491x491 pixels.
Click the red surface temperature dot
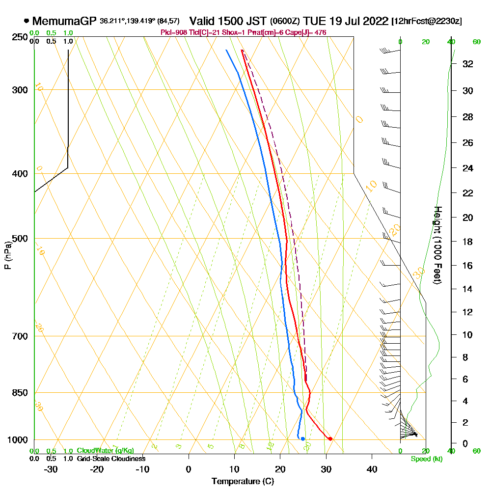[x=330, y=438]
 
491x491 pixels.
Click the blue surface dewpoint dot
[x=303, y=438]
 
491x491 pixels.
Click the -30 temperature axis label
[x=51, y=469]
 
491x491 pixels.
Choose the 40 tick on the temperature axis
[x=372, y=469]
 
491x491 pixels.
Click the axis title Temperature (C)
[x=243, y=482]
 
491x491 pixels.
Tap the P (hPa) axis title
[x=7, y=255]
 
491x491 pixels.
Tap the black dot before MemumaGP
[x=27, y=21]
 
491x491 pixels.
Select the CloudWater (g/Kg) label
[x=105, y=450]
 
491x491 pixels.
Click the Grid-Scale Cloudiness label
[x=111, y=459]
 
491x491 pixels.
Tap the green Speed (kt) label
[x=425, y=459]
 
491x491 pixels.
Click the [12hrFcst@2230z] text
[x=426, y=22]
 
